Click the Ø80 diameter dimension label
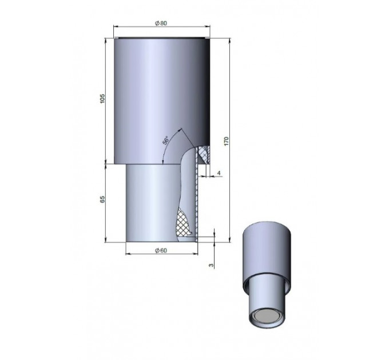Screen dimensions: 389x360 click(161, 23)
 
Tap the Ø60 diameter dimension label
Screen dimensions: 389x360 click(161, 250)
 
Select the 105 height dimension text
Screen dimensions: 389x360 click(102, 99)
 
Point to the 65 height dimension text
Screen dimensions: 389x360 click(102, 199)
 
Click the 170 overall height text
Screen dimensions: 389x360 click(227, 141)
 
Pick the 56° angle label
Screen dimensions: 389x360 click(165, 140)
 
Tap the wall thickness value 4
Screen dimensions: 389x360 click(219, 173)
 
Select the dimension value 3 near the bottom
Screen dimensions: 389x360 click(211, 265)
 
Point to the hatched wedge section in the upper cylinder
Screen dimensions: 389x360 click(204, 154)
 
